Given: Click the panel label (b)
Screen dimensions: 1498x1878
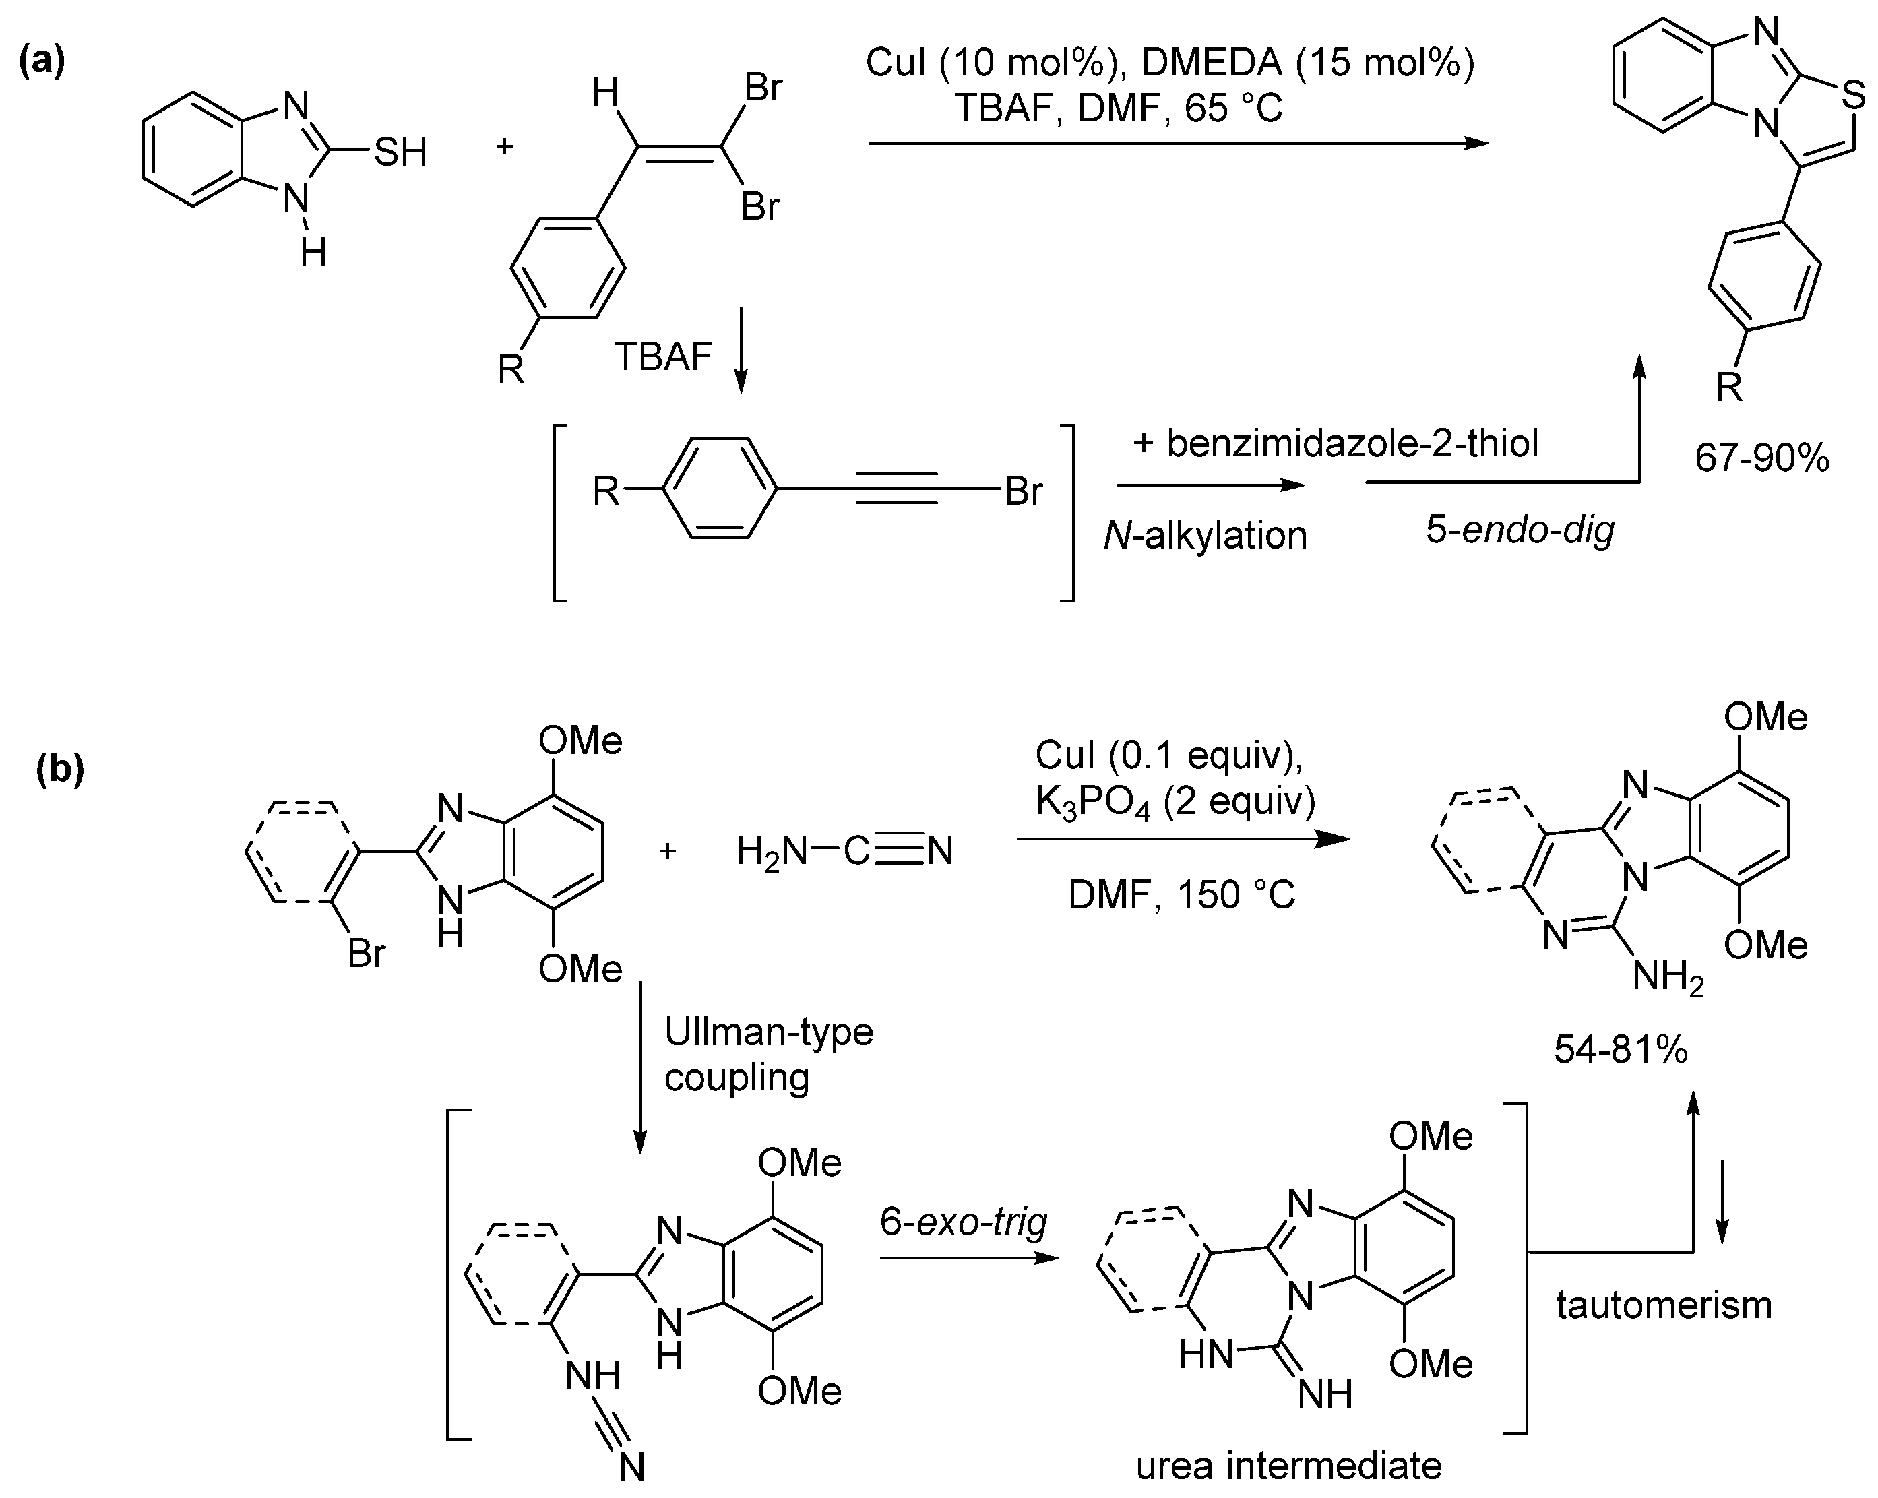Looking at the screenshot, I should coord(60,770).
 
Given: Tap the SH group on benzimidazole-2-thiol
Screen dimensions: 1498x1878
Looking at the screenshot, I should coord(401,153).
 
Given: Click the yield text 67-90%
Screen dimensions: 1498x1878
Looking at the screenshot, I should coord(1761,458).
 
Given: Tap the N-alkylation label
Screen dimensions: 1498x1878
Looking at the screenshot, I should coord(1206,535).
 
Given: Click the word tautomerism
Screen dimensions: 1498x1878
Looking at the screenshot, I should coord(1664,1305).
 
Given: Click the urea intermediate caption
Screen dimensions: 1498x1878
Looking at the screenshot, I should coord(1288,1466).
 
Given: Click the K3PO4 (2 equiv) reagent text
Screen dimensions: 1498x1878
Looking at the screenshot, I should coord(1175,802).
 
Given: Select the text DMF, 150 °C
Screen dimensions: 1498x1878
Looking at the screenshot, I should coord(1182,894).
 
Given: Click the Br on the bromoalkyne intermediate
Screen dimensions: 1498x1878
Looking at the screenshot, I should coord(1023,491).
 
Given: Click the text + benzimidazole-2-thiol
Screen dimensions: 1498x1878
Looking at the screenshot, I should coord(1336,443).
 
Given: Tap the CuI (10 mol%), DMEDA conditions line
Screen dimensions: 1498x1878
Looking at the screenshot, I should coord(1169,63).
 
